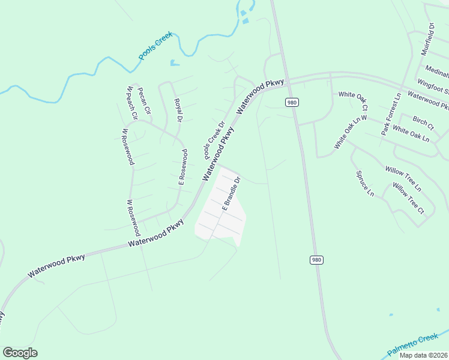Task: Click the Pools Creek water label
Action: pos(155,46)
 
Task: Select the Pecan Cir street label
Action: pos(145,103)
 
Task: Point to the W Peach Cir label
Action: pos(132,103)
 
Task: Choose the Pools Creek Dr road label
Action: pos(214,141)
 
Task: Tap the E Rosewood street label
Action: pos(182,166)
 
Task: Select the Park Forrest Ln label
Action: pos(390,114)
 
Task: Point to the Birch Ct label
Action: pos(423,123)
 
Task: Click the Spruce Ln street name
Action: pos(365,184)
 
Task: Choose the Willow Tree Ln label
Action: pos(403,179)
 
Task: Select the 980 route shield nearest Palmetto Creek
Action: pos(318,259)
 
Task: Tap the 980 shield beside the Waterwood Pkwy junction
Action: pos(292,103)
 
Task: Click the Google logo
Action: pos(20,353)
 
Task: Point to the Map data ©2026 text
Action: pos(424,355)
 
